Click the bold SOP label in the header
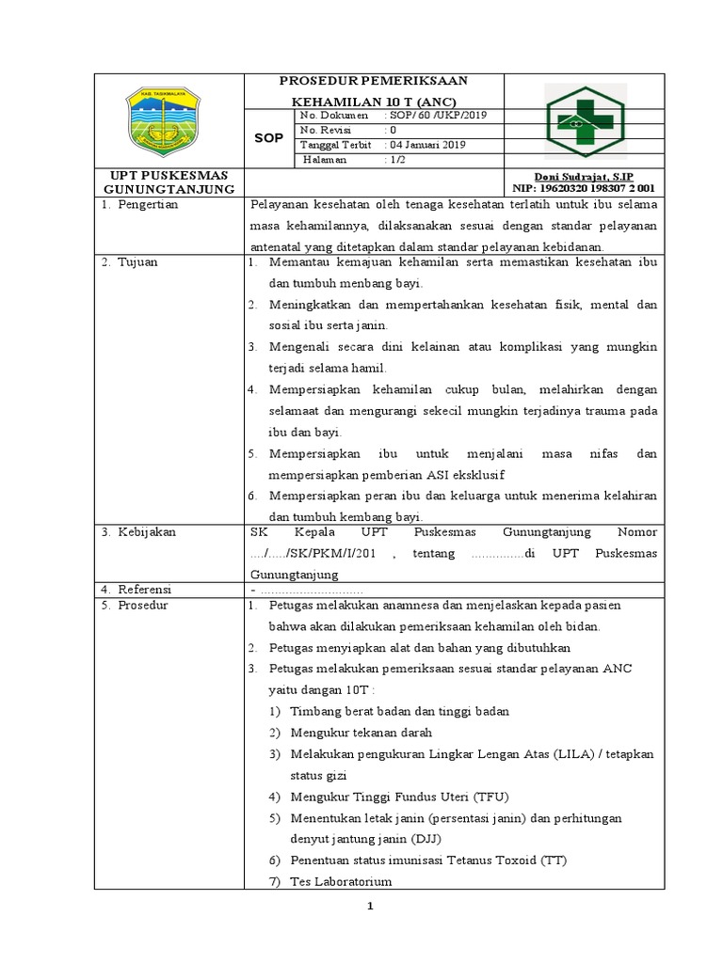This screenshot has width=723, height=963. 269,138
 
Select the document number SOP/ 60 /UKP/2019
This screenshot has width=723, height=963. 436,115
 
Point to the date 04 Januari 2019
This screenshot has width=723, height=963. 427,145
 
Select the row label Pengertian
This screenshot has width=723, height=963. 148,203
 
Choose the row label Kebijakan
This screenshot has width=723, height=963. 147,532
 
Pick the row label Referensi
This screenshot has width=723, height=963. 147,589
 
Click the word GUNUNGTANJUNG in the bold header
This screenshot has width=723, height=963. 169,189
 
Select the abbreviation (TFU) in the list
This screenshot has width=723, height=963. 490,796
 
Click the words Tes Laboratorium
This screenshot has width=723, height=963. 341,881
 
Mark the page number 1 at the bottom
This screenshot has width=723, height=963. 371,907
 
